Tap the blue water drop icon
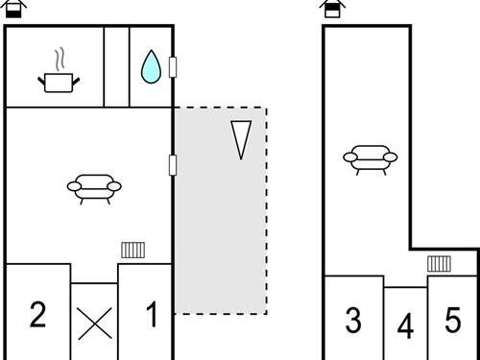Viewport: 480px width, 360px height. [150, 66]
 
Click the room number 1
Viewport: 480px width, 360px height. [151, 315]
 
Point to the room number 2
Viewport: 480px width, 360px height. [37, 315]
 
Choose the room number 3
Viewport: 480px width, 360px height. [353, 321]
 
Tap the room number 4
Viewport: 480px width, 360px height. [405, 327]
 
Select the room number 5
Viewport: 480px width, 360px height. [453, 319]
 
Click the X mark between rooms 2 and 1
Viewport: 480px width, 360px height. [94, 323]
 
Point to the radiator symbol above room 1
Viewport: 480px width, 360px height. [132, 251]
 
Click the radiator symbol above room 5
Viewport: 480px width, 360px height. [440, 263]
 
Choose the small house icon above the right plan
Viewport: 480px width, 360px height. [332, 9]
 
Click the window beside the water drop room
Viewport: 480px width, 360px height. [173, 66]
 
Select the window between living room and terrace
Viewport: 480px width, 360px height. [173, 165]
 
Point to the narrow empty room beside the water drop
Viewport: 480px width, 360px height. [116, 66]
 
